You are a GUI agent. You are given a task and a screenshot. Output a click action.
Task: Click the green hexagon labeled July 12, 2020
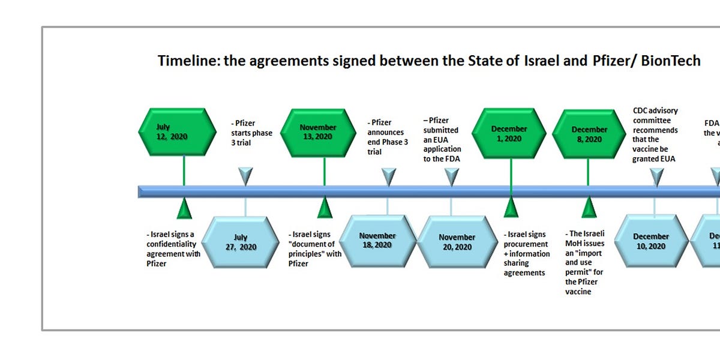172,131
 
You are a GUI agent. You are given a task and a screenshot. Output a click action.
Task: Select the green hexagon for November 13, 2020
318,131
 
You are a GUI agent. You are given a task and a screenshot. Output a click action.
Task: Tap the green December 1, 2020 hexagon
509,133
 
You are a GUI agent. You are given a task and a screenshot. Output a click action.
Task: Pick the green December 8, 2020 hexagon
589,134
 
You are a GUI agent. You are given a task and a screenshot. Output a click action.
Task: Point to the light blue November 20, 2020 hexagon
456,242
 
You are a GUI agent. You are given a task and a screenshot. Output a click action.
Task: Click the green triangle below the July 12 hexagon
184,208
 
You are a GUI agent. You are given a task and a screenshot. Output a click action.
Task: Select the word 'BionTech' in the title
670,61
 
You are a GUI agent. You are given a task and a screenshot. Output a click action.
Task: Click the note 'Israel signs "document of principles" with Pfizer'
316,249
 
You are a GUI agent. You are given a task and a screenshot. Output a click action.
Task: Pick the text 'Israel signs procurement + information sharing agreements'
526,253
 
